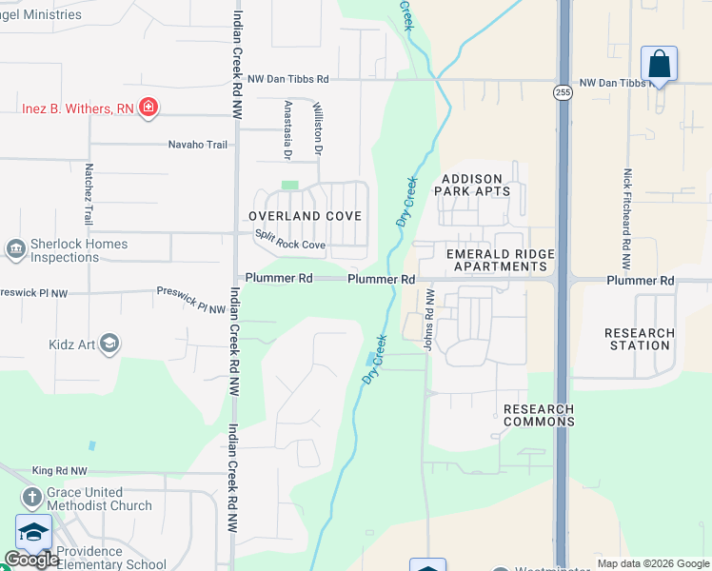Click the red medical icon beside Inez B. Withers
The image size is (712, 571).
coord(148,108)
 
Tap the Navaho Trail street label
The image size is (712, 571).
coord(198,145)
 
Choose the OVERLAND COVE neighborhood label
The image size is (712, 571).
coord(305,216)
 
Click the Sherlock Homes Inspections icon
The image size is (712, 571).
coord(15,250)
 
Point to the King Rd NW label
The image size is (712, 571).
coord(59,471)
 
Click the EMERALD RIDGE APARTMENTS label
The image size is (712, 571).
coord(486,260)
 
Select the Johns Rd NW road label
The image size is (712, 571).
coord(429,320)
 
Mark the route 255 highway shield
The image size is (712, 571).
coord(564,92)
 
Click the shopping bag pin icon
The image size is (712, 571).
coord(659,65)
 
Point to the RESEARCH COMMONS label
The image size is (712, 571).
coord(539,415)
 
